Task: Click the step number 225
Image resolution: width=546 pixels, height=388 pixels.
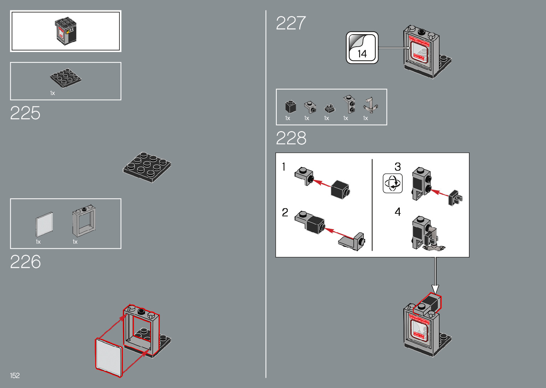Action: (x=25, y=113)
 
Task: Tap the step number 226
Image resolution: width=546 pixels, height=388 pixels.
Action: (x=25, y=262)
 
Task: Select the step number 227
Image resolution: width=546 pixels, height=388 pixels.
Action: (x=291, y=23)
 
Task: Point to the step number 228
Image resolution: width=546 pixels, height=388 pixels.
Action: (x=291, y=138)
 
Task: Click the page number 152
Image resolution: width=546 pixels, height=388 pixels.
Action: (x=15, y=376)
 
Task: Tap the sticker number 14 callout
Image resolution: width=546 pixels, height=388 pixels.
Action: (x=362, y=48)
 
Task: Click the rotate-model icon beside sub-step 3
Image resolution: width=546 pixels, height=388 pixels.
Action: (x=393, y=183)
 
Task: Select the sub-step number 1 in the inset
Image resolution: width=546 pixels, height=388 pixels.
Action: (x=284, y=167)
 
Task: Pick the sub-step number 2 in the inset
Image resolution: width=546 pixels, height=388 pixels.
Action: (x=285, y=213)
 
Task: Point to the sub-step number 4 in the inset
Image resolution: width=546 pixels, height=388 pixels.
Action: (x=398, y=212)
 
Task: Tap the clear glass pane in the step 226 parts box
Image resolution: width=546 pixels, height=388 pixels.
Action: (x=45, y=224)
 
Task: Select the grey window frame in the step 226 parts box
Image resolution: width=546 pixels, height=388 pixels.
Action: (x=83, y=221)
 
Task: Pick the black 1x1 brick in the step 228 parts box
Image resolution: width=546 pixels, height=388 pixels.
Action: (x=290, y=107)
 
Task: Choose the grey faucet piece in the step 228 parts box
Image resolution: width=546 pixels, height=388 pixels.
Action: (x=370, y=105)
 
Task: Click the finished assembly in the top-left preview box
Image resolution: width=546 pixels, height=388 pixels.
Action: (x=66, y=31)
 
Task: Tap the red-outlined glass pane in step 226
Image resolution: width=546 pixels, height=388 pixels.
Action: (x=108, y=357)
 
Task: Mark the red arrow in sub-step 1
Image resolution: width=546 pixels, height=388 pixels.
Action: (x=322, y=183)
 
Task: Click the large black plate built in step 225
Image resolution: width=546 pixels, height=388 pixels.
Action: (x=147, y=167)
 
